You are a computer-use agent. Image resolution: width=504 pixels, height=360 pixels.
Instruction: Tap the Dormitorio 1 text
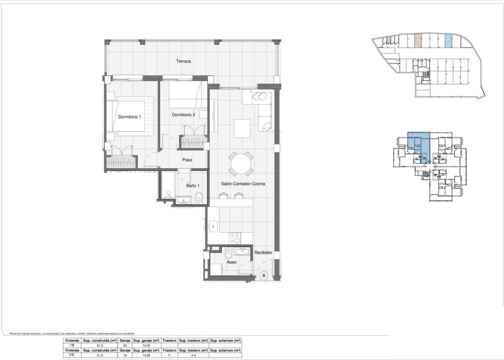(129, 117)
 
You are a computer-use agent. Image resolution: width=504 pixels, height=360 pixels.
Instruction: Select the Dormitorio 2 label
(184, 115)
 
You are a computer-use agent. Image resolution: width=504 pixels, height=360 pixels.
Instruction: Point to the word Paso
(187, 159)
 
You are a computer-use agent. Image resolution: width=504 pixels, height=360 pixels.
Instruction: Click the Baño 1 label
(192, 185)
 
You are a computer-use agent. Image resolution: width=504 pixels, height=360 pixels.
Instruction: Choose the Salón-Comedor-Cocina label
(243, 183)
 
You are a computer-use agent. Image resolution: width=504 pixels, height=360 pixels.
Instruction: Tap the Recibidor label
(263, 252)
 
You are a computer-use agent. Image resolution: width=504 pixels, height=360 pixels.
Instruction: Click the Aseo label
(231, 262)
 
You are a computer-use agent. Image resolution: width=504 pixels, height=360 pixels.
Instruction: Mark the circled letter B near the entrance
(263, 275)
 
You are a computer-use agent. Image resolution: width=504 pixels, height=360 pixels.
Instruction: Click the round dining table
(241, 163)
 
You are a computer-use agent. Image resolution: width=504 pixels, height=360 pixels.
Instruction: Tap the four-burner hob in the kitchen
(235, 239)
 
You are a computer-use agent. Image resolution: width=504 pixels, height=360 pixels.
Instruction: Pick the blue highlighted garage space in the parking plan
(448, 41)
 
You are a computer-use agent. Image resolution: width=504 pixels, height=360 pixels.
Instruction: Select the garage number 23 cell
(125, 346)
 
